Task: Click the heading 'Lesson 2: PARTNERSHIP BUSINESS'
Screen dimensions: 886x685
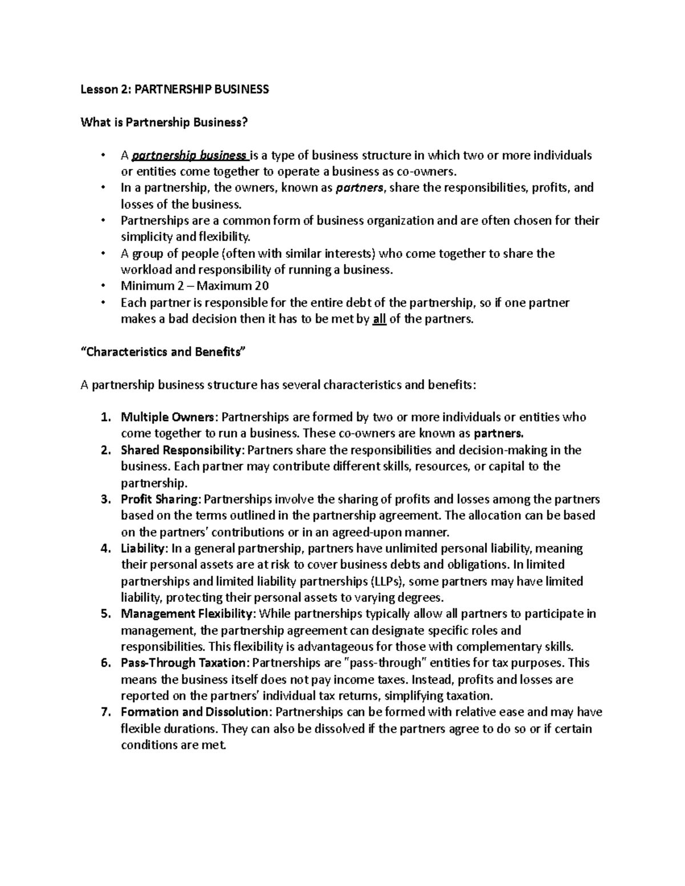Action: (x=174, y=90)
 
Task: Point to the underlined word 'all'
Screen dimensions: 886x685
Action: (x=379, y=319)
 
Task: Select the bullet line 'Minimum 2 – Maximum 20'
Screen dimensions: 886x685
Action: (x=195, y=286)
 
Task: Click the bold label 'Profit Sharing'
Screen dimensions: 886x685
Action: (x=160, y=500)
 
